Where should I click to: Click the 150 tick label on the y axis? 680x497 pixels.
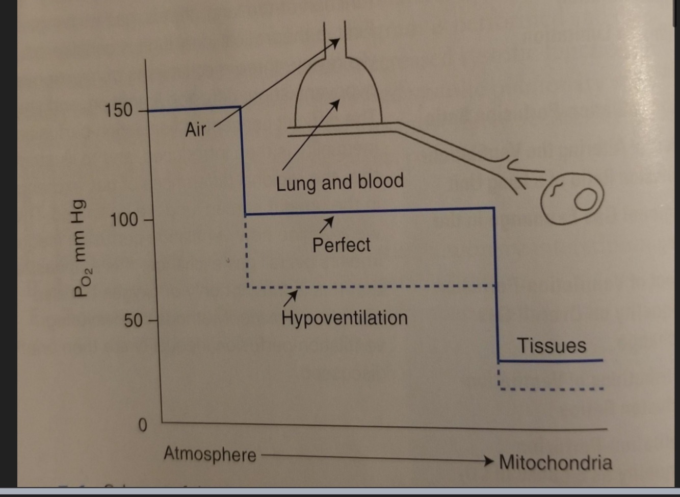tap(118, 110)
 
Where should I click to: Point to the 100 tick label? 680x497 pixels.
tap(124, 220)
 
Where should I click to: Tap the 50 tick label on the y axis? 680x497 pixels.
tap(133, 321)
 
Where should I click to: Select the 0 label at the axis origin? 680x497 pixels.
tap(143, 425)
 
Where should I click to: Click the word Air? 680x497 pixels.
tap(195, 130)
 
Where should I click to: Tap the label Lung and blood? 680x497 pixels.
tap(339, 182)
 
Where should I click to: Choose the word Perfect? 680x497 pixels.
tap(341, 245)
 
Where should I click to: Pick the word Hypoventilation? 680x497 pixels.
tap(344, 318)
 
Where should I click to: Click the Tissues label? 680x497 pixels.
tap(552, 345)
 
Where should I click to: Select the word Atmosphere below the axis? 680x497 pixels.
tap(210, 454)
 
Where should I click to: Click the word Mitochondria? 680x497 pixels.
tap(555, 462)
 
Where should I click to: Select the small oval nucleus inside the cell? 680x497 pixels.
tap(586, 198)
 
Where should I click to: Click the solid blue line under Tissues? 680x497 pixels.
tap(551, 361)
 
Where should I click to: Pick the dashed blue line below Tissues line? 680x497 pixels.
tap(551, 389)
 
